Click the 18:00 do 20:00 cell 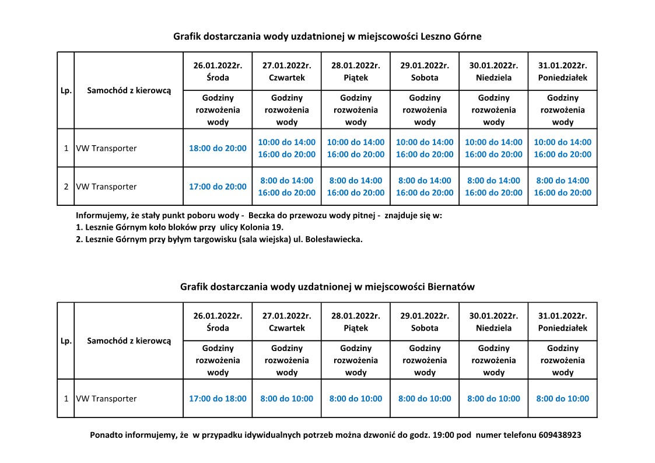(218, 148)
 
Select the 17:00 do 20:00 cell (218, 187)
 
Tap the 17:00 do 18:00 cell (218, 399)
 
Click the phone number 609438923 (559, 435)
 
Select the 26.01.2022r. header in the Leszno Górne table (218, 65)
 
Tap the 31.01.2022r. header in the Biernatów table (562, 315)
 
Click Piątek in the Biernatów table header (356, 328)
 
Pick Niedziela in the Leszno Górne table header (493, 78)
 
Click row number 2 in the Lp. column (66, 187)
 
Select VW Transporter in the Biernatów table (106, 399)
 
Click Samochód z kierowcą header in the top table (129, 90)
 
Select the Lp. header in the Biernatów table (66, 341)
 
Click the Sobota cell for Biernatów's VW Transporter (425, 399)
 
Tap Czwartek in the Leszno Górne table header (286, 78)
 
